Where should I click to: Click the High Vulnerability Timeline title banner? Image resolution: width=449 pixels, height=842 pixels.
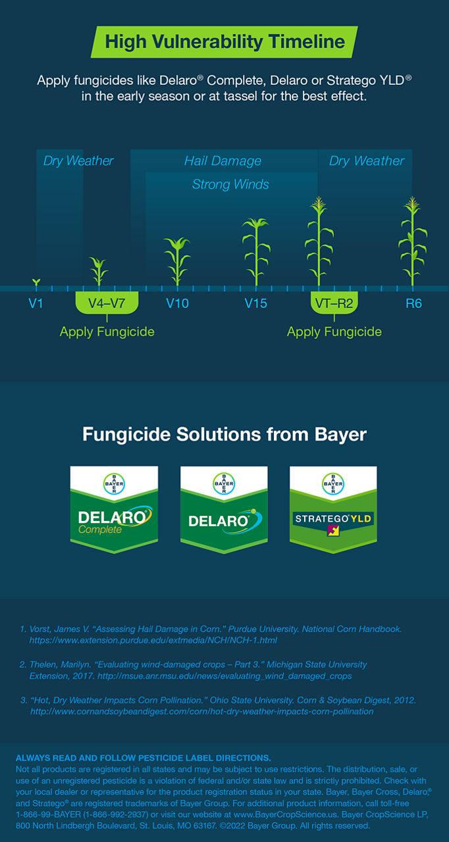224,41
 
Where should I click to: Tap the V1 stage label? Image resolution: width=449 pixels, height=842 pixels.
36,303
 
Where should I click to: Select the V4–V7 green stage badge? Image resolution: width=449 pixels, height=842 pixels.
107,303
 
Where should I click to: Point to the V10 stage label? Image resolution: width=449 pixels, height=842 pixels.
177,303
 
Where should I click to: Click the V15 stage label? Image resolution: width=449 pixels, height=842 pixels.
255,303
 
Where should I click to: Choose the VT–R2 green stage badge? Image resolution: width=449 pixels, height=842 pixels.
334,303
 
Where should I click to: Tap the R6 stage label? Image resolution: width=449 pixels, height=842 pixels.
413,303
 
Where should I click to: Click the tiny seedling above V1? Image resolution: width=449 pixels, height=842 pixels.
36,283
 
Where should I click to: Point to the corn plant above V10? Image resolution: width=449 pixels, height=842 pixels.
177,262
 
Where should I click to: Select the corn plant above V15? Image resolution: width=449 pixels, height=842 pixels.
256,252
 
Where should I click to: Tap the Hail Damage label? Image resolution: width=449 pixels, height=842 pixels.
223,161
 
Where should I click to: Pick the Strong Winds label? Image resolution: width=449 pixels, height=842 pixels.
230,184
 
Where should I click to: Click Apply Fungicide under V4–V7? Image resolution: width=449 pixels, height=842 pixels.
107,332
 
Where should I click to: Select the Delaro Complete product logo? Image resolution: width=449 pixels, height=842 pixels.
114,510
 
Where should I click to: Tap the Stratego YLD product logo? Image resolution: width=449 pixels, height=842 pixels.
333,510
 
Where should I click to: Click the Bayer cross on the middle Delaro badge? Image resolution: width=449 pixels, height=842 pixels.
224,483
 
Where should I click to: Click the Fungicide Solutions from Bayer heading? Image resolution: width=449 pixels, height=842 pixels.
224,435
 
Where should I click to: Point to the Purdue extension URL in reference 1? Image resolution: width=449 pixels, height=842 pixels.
153,640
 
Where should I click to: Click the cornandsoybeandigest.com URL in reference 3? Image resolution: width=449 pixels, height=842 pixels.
202,712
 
